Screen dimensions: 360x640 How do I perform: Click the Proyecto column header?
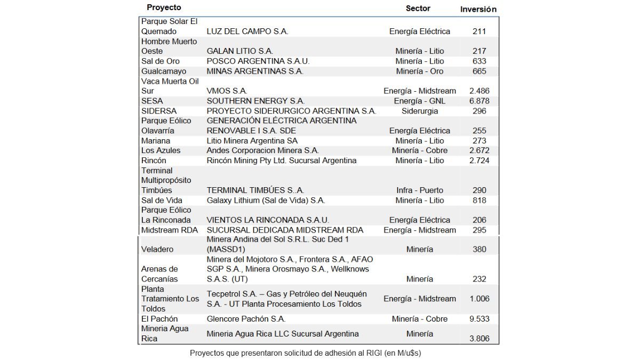coord(164,7)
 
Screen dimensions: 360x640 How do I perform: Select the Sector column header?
coord(418,8)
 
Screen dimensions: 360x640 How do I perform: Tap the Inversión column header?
coord(478,9)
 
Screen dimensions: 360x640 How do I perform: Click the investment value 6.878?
coord(479,101)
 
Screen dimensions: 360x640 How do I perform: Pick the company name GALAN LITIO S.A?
coord(239,51)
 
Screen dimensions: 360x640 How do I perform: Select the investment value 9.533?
coord(479,318)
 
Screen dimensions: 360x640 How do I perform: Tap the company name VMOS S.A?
coord(227,91)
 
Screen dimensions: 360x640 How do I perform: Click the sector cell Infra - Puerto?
coord(420,190)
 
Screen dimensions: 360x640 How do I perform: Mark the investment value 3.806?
coord(479,338)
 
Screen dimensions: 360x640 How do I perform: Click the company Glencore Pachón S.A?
coord(246,318)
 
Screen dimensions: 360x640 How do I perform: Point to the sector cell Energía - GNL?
coord(420,101)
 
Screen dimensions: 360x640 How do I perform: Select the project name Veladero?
coord(157,249)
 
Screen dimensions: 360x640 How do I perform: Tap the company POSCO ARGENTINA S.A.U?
coord(258,61)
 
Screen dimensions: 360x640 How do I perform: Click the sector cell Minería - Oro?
coord(420,71)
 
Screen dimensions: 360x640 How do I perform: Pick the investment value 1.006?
coord(479,299)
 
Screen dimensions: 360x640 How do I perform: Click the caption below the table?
coord(309,353)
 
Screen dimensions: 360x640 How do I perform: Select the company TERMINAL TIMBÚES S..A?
coord(255,190)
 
